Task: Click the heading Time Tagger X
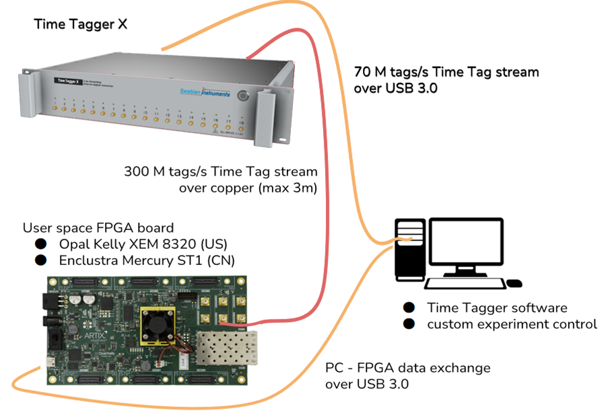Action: tap(81, 26)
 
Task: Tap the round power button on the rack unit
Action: tap(242, 97)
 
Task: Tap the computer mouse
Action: tap(514, 283)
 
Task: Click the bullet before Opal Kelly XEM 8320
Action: tap(41, 243)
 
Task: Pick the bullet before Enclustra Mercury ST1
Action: tap(41, 260)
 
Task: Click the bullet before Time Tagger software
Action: tap(409, 307)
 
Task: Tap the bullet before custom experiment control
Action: tap(409, 323)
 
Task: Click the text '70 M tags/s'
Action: tap(391, 72)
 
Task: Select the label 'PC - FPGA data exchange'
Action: tap(407, 368)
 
